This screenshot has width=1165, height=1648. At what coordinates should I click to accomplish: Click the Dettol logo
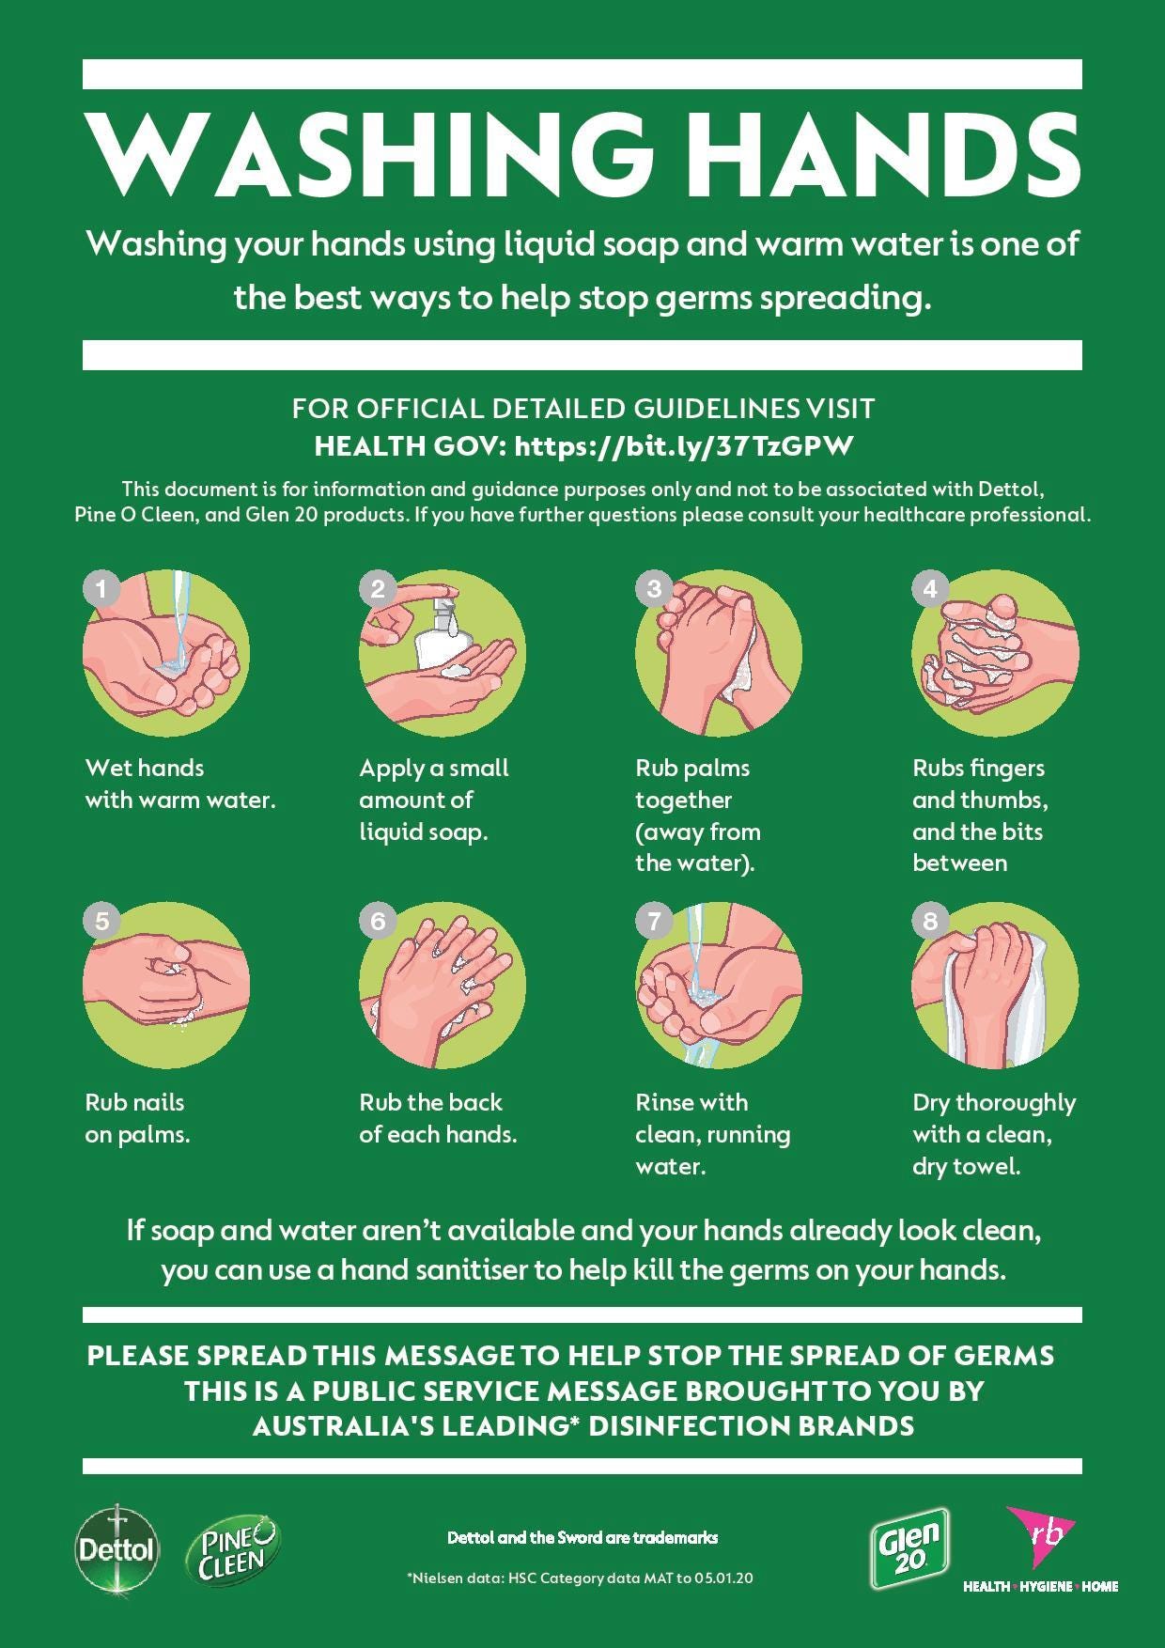coord(116,1548)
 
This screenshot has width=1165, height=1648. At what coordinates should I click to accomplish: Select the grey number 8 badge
coord(930,921)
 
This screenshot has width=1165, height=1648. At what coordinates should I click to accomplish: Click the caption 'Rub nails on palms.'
coord(137,1118)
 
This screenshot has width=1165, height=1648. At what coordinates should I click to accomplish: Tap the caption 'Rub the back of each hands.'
coord(438,1118)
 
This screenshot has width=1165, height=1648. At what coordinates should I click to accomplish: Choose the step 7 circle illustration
coord(719,987)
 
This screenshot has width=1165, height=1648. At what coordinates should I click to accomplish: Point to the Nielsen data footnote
coord(580,1578)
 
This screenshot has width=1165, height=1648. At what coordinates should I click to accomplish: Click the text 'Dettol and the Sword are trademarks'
coord(582,1538)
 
